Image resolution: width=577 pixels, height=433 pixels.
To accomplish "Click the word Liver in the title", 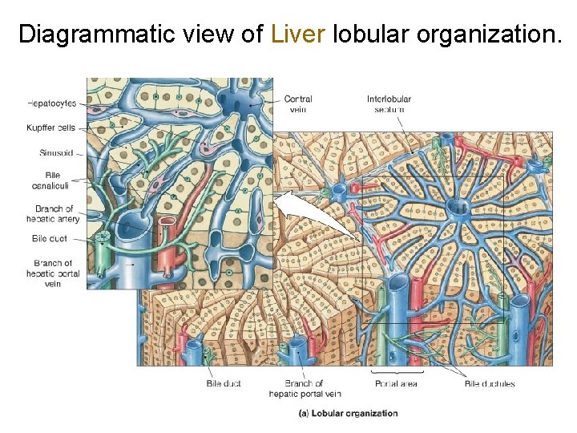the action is click(x=298, y=34).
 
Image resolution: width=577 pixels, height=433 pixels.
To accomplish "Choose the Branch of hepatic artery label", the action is click(x=54, y=214).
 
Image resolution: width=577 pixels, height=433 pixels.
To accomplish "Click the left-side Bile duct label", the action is click(x=50, y=238).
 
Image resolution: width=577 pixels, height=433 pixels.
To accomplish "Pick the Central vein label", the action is click(x=297, y=103).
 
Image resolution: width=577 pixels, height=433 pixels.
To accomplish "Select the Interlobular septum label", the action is click(x=389, y=103).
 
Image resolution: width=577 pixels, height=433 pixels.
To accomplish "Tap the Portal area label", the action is click(x=396, y=383).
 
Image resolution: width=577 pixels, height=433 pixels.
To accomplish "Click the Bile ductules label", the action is click(x=490, y=383).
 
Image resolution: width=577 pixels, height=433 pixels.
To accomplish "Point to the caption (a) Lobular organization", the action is click(x=348, y=413).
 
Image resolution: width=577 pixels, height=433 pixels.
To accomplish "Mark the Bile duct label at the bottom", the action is click(x=224, y=383).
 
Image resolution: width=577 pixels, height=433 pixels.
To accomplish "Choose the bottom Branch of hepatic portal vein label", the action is click(x=304, y=388).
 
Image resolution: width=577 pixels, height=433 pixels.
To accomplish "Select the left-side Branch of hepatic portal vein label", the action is click(x=53, y=273).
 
